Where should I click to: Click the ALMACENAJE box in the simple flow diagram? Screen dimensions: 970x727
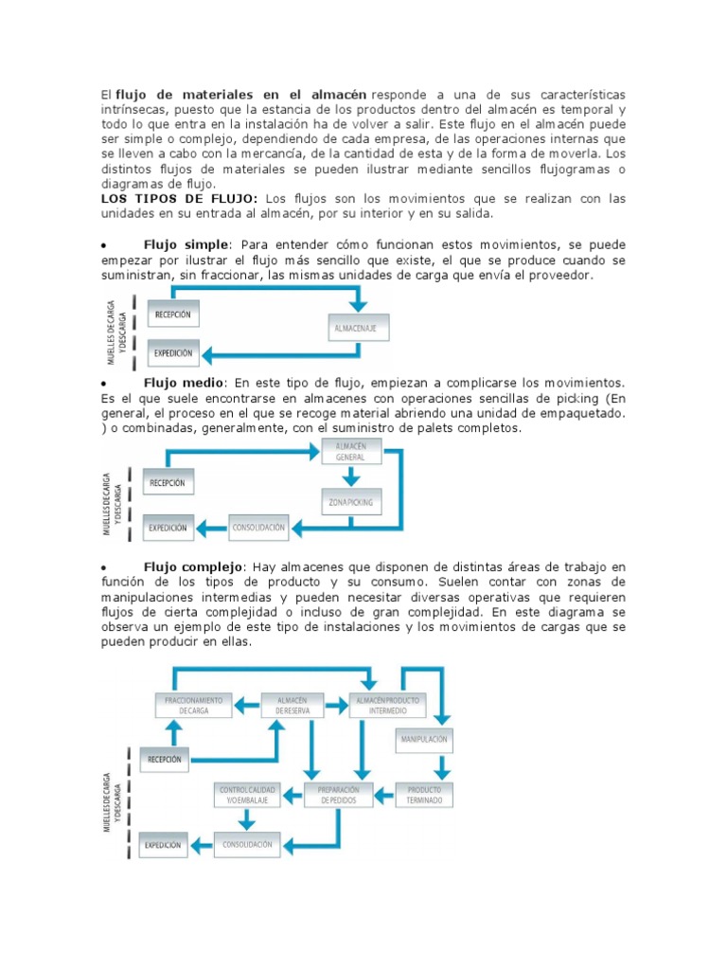359,328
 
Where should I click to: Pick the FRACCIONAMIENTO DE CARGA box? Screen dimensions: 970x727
193,705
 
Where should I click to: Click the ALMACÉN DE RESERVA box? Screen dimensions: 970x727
293,705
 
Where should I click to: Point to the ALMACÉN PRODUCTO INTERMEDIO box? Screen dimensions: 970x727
387,705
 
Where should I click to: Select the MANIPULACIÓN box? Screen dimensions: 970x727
423,738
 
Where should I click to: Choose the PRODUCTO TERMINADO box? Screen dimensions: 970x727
423,794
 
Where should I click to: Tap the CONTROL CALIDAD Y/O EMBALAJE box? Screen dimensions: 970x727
246,794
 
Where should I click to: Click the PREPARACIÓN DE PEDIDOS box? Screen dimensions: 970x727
338,794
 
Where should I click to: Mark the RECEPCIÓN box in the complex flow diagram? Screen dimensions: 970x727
166,758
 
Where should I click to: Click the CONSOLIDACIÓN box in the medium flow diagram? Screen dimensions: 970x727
258,527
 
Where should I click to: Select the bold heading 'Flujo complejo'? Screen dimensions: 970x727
193,566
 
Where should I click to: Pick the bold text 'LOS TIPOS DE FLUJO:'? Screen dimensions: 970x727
180,198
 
